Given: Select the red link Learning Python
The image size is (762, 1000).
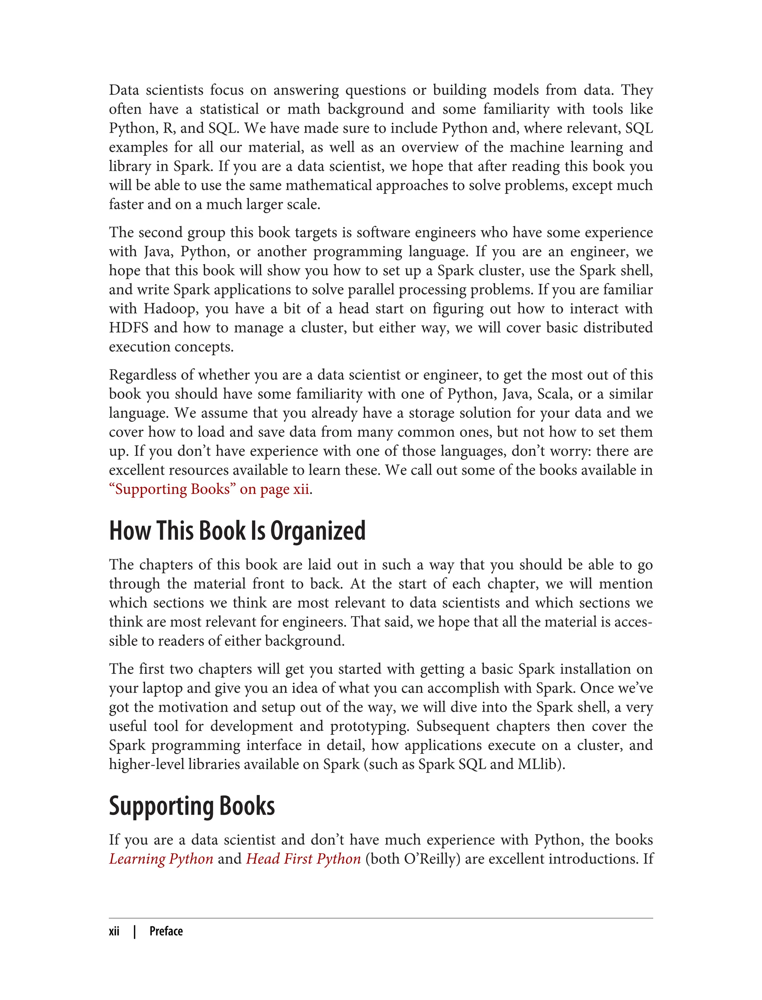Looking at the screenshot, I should (161, 859).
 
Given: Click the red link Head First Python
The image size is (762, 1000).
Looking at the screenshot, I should (303, 859).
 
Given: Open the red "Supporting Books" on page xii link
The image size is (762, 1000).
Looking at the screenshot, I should (209, 489).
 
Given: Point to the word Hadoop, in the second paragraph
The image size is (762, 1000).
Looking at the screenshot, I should (171, 308).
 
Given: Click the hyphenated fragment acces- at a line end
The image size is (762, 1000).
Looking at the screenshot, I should (633, 622).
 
